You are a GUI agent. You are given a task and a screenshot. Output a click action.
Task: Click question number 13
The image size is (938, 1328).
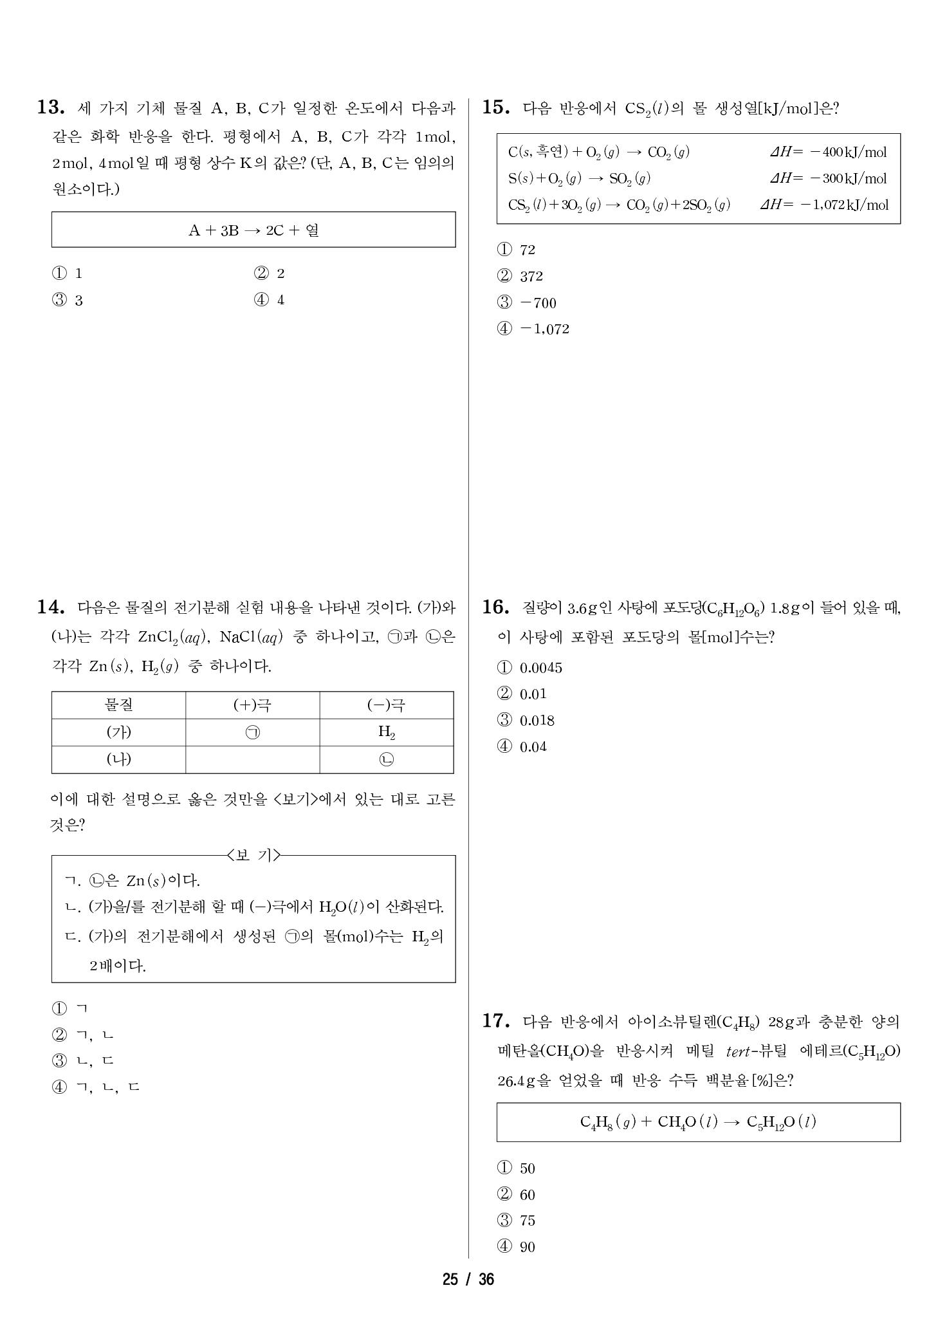pyautogui.click(x=51, y=108)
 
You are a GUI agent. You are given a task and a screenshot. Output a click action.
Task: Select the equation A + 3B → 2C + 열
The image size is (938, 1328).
pyautogui.click(x=253, y=230)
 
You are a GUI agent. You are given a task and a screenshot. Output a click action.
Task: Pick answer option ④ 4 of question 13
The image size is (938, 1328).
pyautogui.click(x=270, y=300)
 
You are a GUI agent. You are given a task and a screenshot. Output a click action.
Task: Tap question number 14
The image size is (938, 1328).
pyautogui.click(x=51, y=607)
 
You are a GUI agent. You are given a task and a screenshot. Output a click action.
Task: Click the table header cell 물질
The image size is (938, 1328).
pyautogui.click(x=118, y=705)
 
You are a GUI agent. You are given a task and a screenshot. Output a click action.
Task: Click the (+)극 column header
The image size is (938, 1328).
pyautogui.click(x=252, y=705)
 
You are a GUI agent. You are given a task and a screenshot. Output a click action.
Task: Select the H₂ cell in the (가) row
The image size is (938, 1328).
pyautogui.click(x=387, y=732)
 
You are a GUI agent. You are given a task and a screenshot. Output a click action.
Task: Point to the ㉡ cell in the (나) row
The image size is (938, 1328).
pyautogui.click(x=387, y=760)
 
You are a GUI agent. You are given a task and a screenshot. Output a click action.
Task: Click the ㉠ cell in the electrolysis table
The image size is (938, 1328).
pyautogui.click(x=253, y=733)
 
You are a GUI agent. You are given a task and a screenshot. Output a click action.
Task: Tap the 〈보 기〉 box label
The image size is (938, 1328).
pyautogui.click(x=253, y=856)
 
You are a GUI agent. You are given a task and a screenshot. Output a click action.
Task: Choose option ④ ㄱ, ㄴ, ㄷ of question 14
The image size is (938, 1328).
pyautogui.click(x=96, y=1087)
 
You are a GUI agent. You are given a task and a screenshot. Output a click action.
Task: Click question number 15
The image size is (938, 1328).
pyautogui.click(x=496, y=108)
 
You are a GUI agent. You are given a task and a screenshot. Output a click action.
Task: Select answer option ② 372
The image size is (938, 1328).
pyautogui.click(x=520, y=277)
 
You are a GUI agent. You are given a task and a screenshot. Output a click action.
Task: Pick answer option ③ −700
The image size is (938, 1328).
pyautogui.click(x=527, y=303)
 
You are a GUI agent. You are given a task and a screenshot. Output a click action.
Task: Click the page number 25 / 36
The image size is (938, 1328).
pyautogui.click(x=468, y=1279)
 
